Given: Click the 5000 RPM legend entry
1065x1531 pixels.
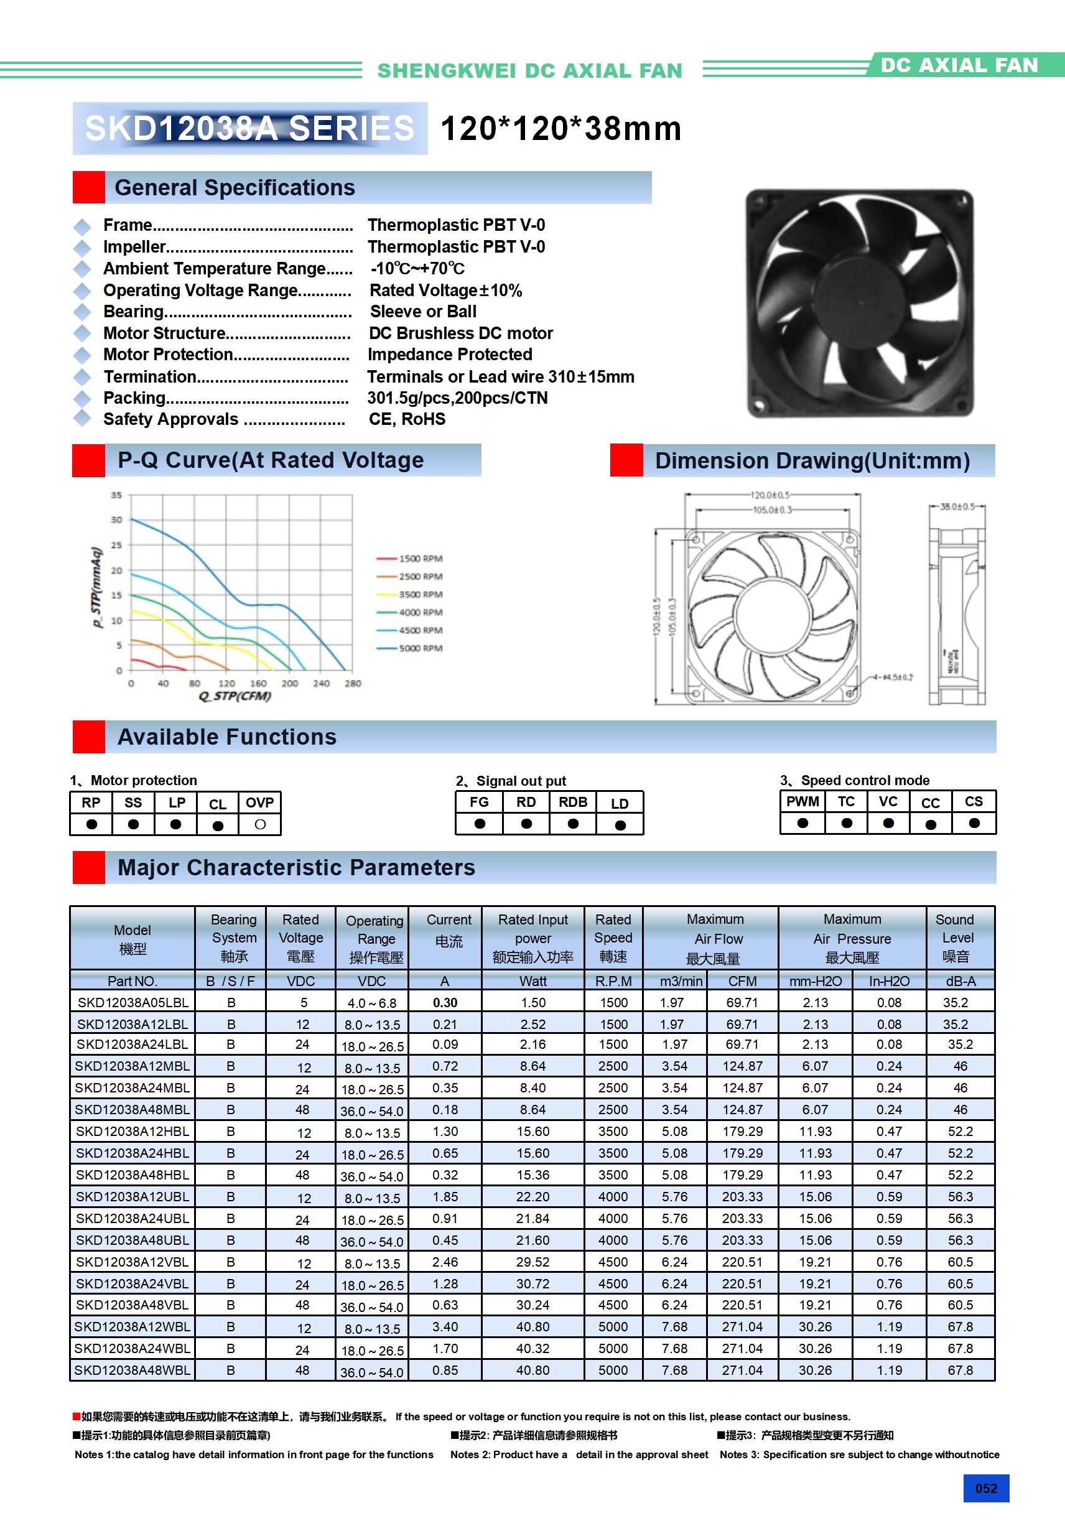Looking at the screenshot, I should [x=420, y=648].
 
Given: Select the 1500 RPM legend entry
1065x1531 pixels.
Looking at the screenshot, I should [x=420, y=559].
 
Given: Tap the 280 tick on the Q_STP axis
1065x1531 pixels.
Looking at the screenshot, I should [x=353, y=684].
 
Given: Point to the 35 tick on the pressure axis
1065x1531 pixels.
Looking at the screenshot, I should [x=117, y=495].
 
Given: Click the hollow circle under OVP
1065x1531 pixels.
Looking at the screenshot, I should [x=260, y=825].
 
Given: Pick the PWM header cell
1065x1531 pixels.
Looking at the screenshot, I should [x=802, y=801].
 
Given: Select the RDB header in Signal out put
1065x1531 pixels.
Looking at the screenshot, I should [x=573, y=802].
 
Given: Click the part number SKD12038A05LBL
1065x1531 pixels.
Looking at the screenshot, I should [x=133, y=1003].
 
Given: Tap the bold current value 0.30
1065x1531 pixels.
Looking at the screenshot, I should [x=445, y=1003].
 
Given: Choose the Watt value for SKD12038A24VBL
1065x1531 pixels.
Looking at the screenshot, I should [x=533, y=1283].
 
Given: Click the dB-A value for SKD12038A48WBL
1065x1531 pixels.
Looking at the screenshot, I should [x=960, y=1370].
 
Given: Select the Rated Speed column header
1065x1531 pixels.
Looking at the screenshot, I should [x=613, y=938].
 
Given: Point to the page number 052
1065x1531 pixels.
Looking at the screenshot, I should [x=985, y=1489].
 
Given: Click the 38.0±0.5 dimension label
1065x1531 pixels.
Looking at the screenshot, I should [x=957, y=507].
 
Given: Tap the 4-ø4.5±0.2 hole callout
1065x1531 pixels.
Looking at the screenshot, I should [x=898, y=677].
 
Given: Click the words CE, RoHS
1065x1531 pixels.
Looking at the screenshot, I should [x=407, y=419].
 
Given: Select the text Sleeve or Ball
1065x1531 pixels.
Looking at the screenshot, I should [x=423, y=312].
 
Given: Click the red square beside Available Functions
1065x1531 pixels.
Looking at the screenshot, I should [x=89, y=737].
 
